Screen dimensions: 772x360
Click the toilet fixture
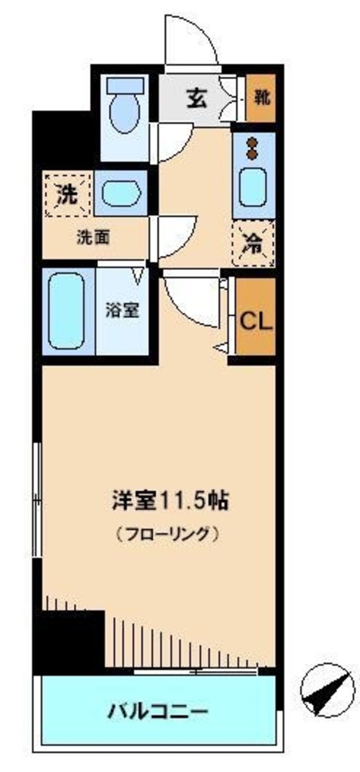(x=125, y=108)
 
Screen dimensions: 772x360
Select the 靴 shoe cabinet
(x=262, y=98)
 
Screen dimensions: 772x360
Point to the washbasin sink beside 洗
(x=121, y=193)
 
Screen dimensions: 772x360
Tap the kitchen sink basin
(x=253, y=187)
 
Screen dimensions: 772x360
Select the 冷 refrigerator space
(x=254, y=244)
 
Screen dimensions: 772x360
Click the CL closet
(x=256, y=320)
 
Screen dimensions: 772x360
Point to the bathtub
(x=66, y=310)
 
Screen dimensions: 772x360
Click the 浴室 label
(x=122, y=310)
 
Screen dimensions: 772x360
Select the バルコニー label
(x=158, y=712)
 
